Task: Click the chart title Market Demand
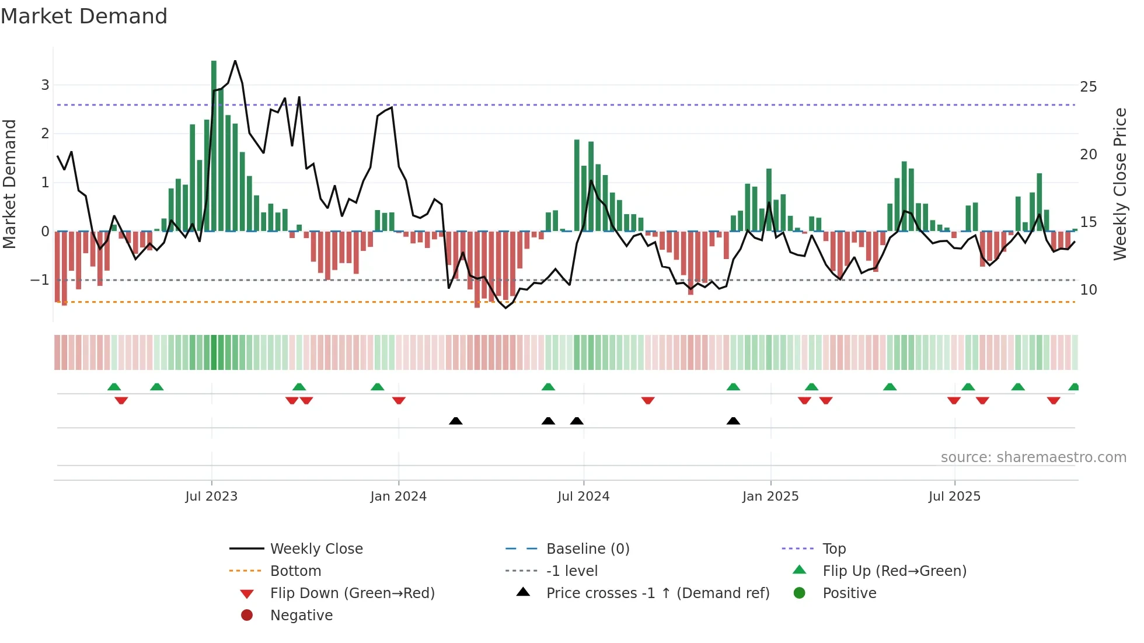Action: (x=84, y=16)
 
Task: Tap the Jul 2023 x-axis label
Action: (x=211, y=497)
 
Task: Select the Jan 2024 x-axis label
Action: (x=398, y=497)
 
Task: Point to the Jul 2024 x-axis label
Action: (x=583, y=497)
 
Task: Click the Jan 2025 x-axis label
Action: (x=770, y=497)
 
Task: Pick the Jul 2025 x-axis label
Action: (x=954, y=497)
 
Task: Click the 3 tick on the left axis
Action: (x=45, y=85)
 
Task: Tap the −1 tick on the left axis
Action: (x=40, y=280)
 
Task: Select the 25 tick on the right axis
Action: (x=1088, y=87)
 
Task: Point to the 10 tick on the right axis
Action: (x=1088, y=290)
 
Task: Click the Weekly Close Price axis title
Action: (x=1119, y=184)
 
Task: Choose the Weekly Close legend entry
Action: (x=316, y=549)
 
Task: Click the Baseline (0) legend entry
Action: (x=587, y=549)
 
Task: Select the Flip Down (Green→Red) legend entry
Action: (x=352, y=593)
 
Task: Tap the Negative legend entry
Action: (x=301, y=616)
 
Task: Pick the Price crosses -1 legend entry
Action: (x=657, y=593)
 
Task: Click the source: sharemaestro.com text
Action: (x=1033, y=457)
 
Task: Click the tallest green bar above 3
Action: (x=214, y=146)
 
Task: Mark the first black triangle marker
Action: (x=456, y=421)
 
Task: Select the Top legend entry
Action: (x=833, y=549)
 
